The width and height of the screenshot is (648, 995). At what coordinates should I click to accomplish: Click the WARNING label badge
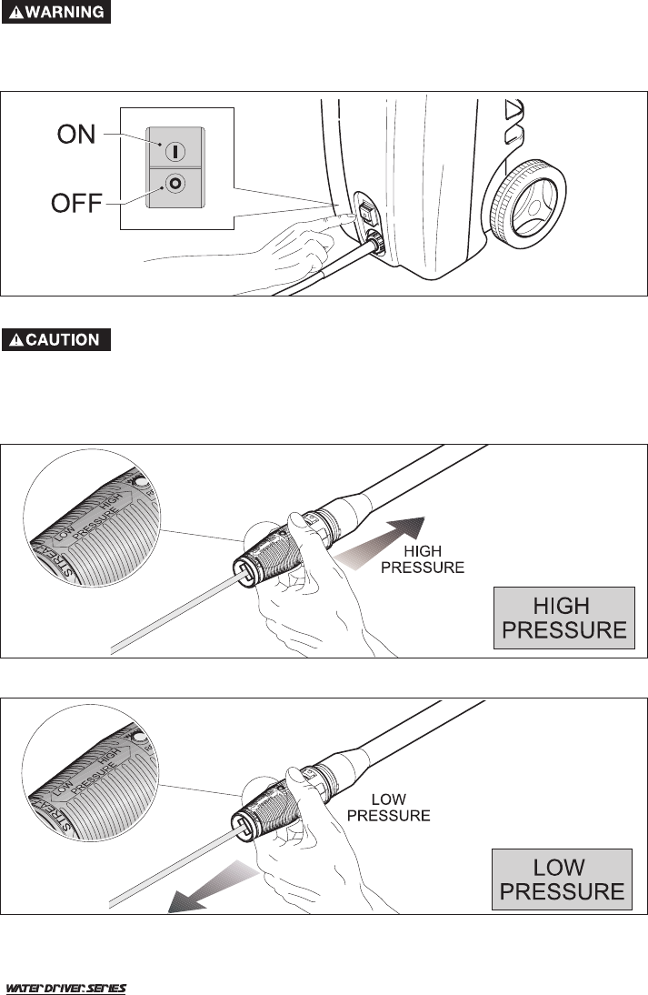pyautogui.click(x=56, y=14)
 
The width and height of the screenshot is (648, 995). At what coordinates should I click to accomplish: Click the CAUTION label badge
pyautogui.click(x=56, y=339)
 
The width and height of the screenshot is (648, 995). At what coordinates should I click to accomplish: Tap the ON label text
pyautogui.click(x=76, y=135)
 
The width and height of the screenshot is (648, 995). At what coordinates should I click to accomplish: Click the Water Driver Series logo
pyautogui.click(x=66, y=988)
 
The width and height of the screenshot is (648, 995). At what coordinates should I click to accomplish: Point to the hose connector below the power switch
pyautogui.click(x=373, y=244)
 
